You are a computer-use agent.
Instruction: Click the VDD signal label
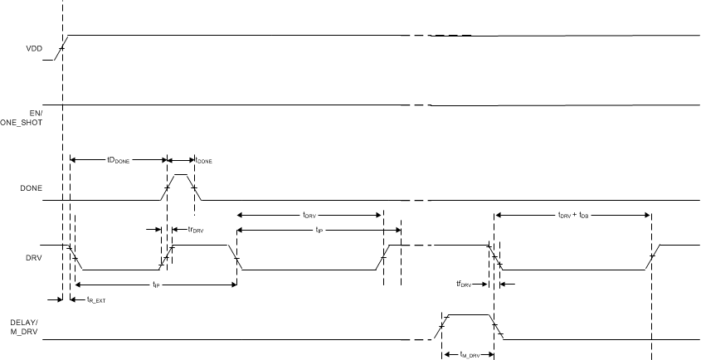tap(34, 49)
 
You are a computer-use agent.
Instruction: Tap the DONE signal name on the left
tap(31, 188)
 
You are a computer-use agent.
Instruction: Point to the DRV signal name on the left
tap(33, 257)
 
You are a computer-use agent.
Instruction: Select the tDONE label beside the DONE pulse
tap(202, 160)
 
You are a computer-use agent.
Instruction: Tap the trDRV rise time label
tap(196, 229)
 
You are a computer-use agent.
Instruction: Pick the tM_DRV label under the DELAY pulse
tap(468, 354)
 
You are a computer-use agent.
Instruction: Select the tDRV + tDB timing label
tap(572, 215)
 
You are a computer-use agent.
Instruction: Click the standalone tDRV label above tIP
tap(309, 215)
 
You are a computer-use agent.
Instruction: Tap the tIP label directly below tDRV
tap(319, 230)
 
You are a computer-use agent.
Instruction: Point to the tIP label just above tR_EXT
tap(155, 285)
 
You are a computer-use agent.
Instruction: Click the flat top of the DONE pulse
tap(181, 175)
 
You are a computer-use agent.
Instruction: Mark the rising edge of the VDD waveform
tap(61, 48)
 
